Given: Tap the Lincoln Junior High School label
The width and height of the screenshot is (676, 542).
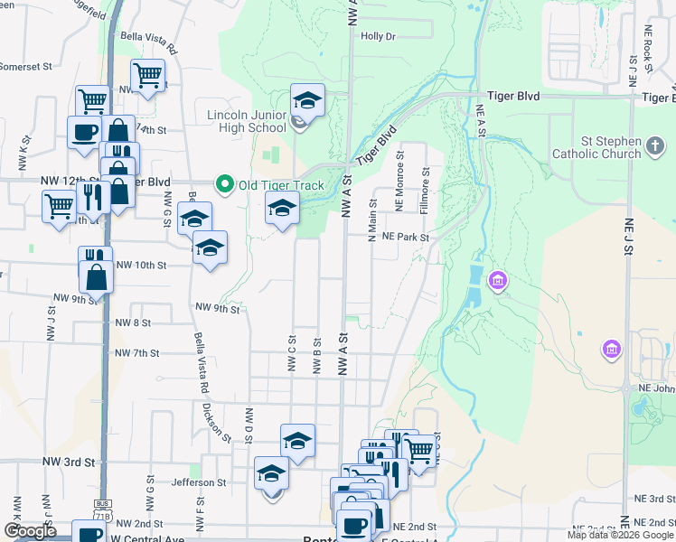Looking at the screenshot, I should (x=247, y=121).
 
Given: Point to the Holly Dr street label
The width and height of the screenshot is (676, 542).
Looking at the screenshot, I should (x=378, y=37).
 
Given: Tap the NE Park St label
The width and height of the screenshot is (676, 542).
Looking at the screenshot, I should (x=404, y=237).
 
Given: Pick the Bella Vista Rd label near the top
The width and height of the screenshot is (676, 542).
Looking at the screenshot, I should (x=146, y=42).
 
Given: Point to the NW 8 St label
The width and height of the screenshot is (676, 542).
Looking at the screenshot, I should (x=133, y=322).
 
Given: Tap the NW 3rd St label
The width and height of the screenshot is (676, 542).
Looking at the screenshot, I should (x=69, y=463).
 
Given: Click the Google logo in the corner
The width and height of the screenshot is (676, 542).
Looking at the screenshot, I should (x=30, y=531).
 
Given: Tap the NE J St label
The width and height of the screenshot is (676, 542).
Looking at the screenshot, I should (x=626, y=236).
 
